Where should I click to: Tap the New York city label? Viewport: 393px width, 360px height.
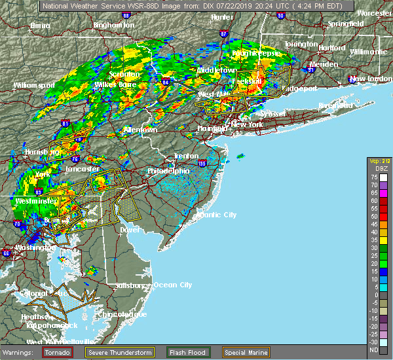[x=248, y=124]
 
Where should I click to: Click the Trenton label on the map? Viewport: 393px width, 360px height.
[x=185, y=156]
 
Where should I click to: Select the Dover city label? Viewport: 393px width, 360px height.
[x=132, y=230]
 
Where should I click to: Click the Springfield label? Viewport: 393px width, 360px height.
[x=346, y=24]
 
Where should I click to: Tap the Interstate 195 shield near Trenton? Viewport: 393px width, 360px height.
[x=202, y=163]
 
